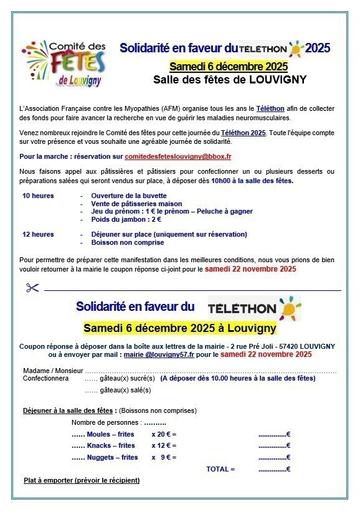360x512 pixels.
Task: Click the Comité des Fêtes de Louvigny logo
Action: (x=63, y=63)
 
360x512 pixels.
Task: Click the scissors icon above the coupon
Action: (x=32, y=288)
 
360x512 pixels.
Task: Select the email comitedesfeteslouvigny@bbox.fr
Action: (x=178, y=156)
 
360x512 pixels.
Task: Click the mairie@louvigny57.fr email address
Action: (x=159, y=354)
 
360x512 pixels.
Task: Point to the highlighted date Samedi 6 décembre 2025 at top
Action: (x=229, y=66)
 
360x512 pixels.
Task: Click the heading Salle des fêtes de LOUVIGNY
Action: (x=230, y=79)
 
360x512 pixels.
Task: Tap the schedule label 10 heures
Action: (x=38, y=196)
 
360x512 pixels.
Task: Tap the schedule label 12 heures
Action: (x=38, y=234)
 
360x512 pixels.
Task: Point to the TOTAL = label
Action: (x=220, y=469)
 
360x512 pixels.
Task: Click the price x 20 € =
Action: (x=164, y=434)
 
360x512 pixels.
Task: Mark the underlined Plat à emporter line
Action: (x=82, y=480)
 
